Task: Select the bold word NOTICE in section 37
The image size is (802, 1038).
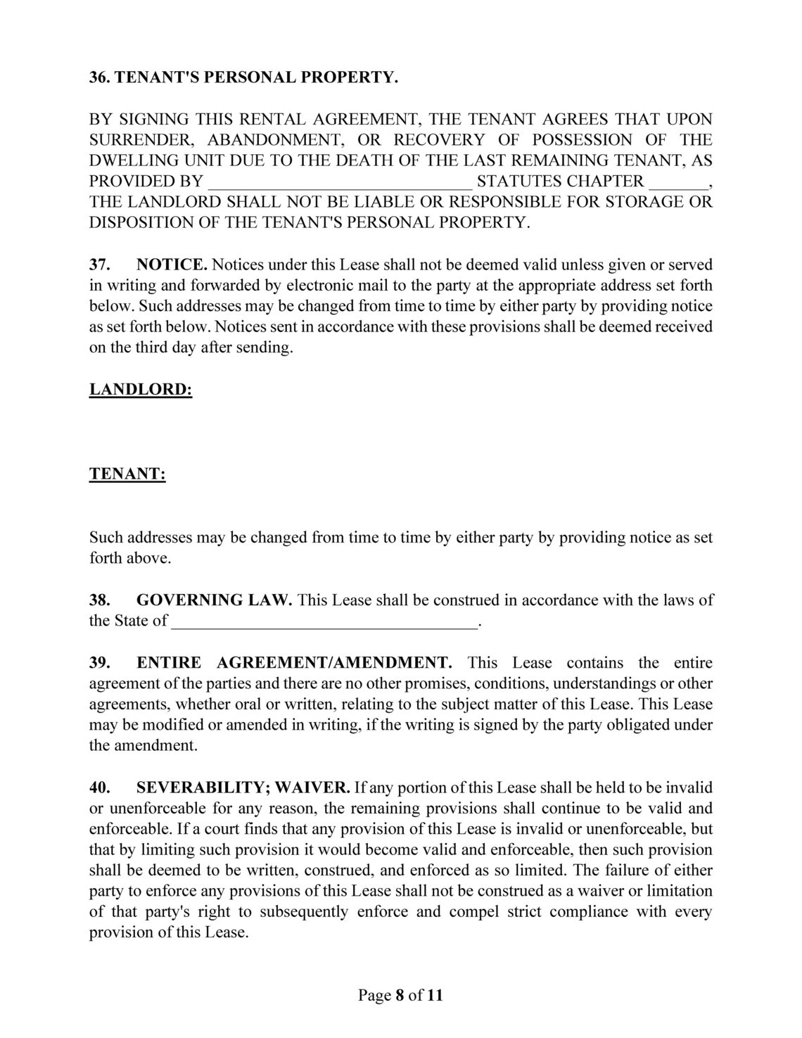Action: click(171, 265)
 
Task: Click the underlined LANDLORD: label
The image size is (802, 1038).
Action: click(141, 389)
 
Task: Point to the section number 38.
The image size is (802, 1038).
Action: click(98, 600)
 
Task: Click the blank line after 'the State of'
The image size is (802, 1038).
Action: click(324, 621)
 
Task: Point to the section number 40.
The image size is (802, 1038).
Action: click(98, 787)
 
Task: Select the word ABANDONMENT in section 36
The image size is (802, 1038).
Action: click(277, 140)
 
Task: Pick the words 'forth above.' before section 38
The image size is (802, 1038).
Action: click(130, 559)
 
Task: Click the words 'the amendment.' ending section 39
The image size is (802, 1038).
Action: click(143, 746)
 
